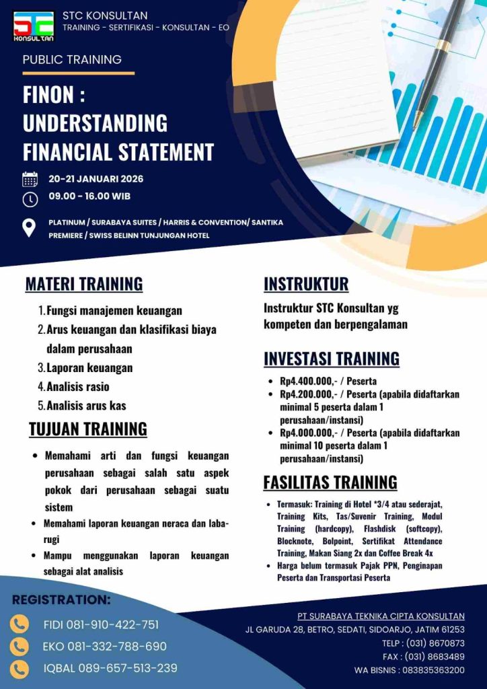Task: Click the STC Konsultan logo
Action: [33, 25]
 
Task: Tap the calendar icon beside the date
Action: [30, 180]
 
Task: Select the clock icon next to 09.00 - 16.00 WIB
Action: [30, 199]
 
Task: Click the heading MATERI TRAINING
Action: [84, 284]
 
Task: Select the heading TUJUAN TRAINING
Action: [88, 429]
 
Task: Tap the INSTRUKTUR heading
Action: [306, 284]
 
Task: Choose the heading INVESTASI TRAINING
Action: [331, 358]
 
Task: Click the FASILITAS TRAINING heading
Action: [330, 482]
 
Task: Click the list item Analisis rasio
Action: [78, 387]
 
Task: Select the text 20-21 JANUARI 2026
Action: [96, 179]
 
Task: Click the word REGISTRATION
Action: [61, 600]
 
